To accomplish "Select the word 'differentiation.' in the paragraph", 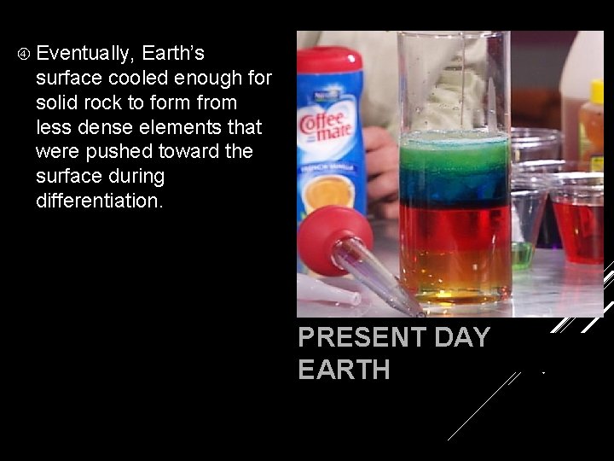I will tap(101, 201).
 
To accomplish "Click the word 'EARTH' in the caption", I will tap(344, 370).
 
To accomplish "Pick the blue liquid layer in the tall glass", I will tap(455, 184).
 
